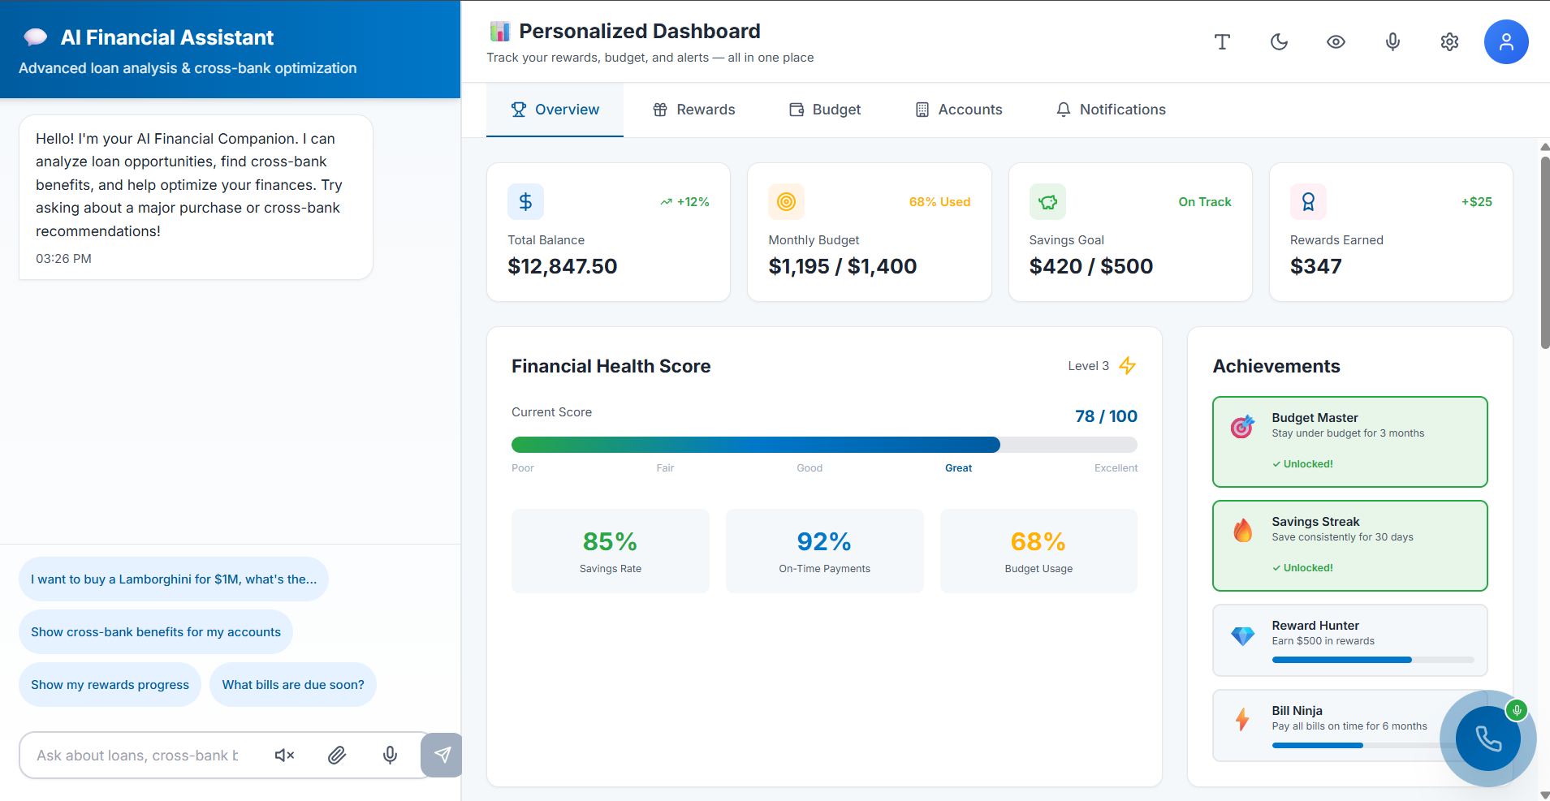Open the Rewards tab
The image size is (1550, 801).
(694, 110)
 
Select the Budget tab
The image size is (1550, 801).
(825, 110)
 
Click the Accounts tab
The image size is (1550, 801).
(959, 110)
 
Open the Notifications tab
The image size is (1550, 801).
(1111, 110)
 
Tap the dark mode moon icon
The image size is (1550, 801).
(1279, 41)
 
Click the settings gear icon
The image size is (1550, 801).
(1449, 41)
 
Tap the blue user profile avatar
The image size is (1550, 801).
(1506, 41)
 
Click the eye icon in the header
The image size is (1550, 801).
(1336, 41)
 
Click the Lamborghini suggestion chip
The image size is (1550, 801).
(174, 579)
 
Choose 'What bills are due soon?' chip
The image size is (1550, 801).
(293, 685)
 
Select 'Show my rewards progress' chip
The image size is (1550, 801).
(110, 685)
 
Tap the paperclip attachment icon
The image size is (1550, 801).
(337, 756)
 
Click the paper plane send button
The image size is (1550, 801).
(442, 756)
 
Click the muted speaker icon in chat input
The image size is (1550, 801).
(284, 756)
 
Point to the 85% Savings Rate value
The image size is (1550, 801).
(610, 541)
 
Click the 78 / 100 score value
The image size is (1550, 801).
(1106, 416)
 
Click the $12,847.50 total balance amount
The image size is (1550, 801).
(562, 266)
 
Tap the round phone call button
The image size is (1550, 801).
(1487, 739)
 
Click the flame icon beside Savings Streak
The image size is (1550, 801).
(1242, 531)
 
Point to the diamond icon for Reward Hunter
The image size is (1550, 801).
(1242, 636)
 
